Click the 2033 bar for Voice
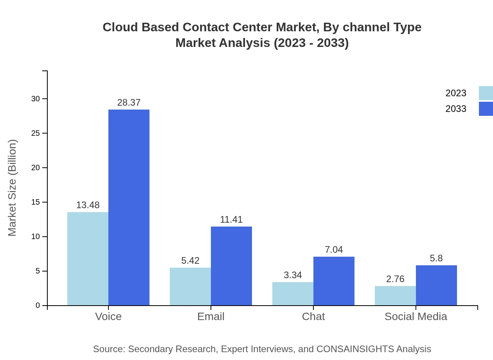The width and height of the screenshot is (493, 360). (x=129, y=207)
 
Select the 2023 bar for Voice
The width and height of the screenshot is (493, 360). (x=88, y=259)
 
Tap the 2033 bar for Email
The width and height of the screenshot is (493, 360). (x=231, y=266)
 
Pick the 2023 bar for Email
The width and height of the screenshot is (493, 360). (x=190, y=286)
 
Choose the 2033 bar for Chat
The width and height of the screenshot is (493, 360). (x=334, y=281)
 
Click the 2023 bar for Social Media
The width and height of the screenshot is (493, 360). (x=395, y=296)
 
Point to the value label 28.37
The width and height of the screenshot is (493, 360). (x=129, y=103)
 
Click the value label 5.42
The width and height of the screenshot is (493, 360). (x=190, y=261)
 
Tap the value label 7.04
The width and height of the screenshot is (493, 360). (x=334, y=250)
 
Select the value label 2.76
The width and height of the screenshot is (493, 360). (x=395, y=279)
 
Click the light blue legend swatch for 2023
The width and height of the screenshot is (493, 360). (x=486, y=93)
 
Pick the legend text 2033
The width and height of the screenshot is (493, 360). (x=456, y=109)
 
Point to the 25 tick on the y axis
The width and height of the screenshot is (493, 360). (x=36, y=133)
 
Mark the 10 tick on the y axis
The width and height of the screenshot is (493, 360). (x=36, y=237)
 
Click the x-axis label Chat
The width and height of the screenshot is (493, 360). (x=313, y=316)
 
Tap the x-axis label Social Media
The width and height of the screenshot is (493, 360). (x=416, y=316)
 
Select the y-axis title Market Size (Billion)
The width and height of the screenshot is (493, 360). (x=13, y=188)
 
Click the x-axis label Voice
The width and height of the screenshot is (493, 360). (x=108, y=316)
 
